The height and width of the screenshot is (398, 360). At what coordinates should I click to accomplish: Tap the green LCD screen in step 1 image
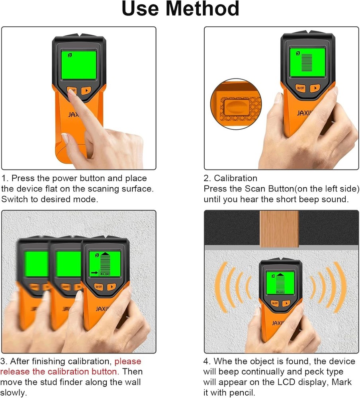click(79, 65)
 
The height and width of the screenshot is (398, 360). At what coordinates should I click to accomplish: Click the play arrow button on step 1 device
click(86, 90)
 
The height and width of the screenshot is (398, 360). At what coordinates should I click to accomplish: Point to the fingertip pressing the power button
click(72, 92)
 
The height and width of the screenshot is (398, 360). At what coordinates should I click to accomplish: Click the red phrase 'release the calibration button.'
click(59, 372)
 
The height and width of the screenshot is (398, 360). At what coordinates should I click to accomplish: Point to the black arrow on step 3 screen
click(94, 273)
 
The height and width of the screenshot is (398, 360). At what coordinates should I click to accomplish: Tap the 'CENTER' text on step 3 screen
click(105, 273)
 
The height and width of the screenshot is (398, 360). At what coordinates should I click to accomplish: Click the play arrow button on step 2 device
click(315, 88)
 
